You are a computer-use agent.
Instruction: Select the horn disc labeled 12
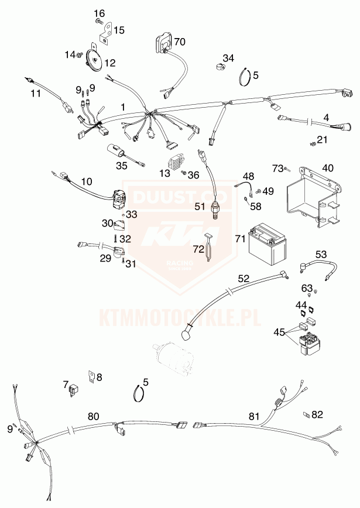click(x=94, y=59)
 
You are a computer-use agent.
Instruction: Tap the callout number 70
click(x=180, y=42)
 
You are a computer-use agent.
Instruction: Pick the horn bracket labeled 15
click(x=105, y=32)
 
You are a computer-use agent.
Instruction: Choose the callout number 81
click(x=255, y=416)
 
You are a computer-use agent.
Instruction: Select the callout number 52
click(x=244, y=279)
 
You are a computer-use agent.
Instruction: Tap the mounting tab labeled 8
click(x=92, y=377)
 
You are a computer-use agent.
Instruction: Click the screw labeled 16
click(x=99, y=22)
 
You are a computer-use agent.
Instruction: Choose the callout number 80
click(x=93, y=416)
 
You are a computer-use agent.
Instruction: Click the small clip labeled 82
click(x=306, y=414)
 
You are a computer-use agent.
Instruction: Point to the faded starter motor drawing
click(x=174, y=359)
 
